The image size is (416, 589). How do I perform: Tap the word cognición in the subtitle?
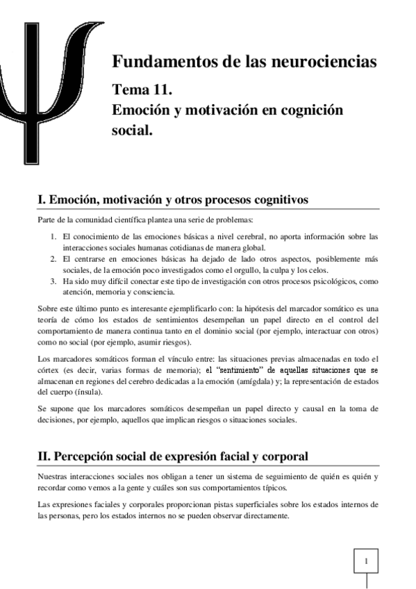pyautogui.click(x=310, y=110)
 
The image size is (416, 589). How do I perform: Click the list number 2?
pyautogui.click(x=53, y=259)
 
